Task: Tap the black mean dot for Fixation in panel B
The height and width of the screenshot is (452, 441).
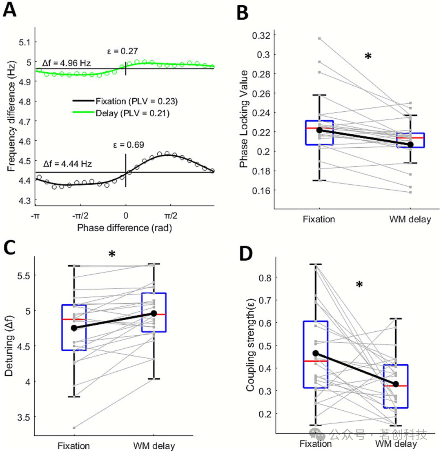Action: click(319, 130)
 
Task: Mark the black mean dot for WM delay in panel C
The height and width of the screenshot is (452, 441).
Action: click(154, 313)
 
